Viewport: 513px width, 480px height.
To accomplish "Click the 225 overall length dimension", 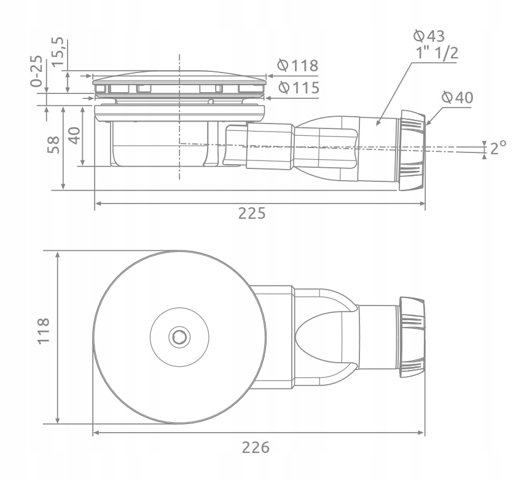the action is (x=252, y=214).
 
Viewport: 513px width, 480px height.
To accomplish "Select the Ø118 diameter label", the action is (x=298, y=65).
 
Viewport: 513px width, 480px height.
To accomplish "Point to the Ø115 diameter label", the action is (x=298, y=87).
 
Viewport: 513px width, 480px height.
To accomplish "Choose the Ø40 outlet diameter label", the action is (x=458, y=97).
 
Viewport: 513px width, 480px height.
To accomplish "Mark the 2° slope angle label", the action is (x=497, y=148).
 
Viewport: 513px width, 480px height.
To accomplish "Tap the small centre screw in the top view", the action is (x=180, y=336).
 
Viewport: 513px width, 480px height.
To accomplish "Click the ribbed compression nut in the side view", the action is (x=412, y=150).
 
